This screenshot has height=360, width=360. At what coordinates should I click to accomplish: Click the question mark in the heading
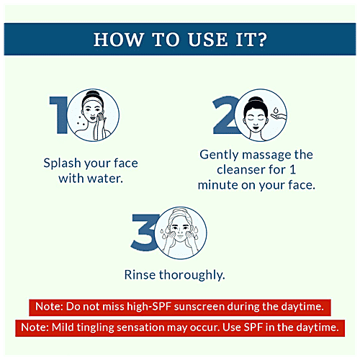(x=261, y=40)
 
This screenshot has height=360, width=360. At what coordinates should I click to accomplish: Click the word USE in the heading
(x=208, y=40)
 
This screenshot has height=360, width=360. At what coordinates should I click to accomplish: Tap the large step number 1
(x=58, y=114)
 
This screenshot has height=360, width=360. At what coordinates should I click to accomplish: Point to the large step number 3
(x=144, y=232)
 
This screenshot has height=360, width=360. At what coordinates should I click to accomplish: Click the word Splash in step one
(x=62, y=163)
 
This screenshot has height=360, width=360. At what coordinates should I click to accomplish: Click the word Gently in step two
(x=219, y=155)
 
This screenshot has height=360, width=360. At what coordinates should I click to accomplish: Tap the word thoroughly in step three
(x=192, y=275)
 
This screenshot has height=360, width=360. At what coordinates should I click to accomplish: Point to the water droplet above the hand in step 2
(x=276, y=111)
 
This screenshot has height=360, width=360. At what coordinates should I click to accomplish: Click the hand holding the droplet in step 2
(x=279, y=117)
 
